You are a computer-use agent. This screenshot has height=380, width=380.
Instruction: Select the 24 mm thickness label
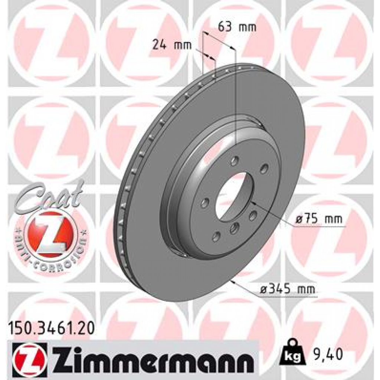tap(172, 45)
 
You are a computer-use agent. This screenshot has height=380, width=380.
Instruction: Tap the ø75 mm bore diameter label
tap(319, 219)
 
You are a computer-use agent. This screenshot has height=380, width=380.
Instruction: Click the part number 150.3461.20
tap(51, 328)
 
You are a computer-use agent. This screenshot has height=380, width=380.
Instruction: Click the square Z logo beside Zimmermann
tap(29, 356)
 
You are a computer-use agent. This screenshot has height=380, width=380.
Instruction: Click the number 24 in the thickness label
tap(158, 45)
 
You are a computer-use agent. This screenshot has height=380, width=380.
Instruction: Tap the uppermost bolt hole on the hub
tap(234, 161)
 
